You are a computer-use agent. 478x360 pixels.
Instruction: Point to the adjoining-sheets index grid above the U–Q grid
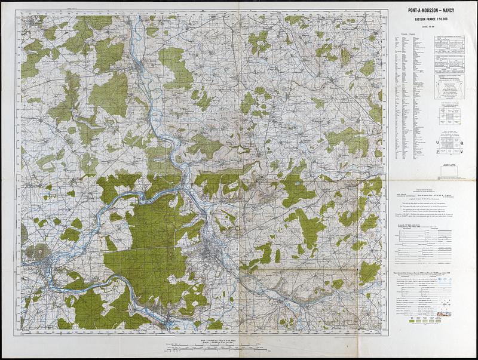(x=449, y=114)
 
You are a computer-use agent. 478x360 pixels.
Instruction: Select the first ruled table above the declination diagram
(x=450, y=44)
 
